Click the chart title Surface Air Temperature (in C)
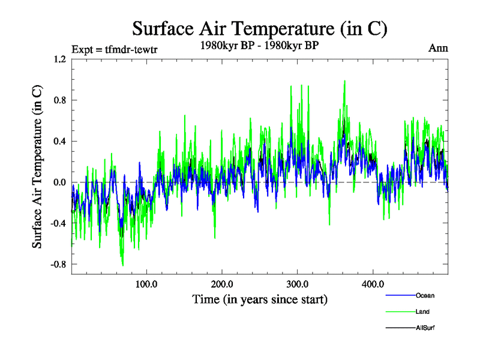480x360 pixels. [x=259, y=28]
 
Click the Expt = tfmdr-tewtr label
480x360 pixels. [x=114, y=49]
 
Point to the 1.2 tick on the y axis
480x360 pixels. [x=59, y=59]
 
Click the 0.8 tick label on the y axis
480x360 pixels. [x=59, y=100]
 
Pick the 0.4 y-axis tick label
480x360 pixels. [x=59, y=141]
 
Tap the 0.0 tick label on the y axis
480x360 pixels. [x=59, y=182]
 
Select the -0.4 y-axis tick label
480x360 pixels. [x=58, y=223]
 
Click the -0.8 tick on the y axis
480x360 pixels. [x=58, y=264]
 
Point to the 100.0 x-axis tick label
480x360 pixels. [x=146, y=284]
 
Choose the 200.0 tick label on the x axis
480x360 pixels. [x=222, y=284]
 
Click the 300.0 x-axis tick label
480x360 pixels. [x=298, y=284]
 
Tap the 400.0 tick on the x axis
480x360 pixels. [x=373, y=284]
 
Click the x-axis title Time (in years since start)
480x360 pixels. [x=260, y=299]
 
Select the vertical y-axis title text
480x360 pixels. [x=37, y=167]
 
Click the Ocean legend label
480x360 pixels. [x=425, y=295]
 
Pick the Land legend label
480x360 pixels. [x=422, y=311]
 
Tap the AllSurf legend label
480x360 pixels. [x=424, y=328]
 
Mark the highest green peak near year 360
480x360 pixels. [x=344, y=81]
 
